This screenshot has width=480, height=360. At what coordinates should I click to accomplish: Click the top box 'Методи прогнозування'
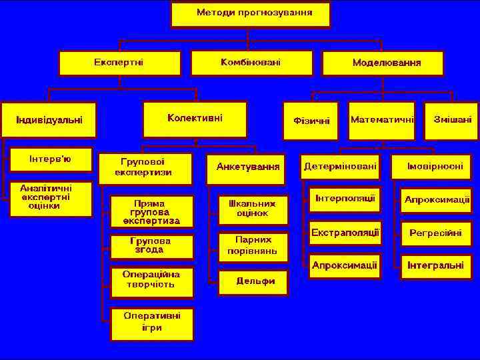[250, 14]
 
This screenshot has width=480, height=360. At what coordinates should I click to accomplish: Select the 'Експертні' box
[119, 63]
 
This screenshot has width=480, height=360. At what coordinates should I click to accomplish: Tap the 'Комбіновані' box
[250, 63]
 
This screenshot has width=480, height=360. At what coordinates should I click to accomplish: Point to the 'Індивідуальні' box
[49, 120]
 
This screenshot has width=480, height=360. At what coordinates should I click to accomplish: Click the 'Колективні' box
[195, 119]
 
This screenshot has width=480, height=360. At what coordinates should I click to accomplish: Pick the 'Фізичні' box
[311, 121]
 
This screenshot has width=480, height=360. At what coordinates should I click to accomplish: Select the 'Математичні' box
[381, 120]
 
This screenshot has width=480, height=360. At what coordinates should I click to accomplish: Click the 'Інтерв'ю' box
[51, 160]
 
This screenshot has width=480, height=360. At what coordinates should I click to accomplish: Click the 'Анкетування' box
[247, 166]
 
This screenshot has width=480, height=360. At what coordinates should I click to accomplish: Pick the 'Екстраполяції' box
[344, 233]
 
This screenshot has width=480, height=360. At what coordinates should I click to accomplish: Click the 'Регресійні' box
[435, 233]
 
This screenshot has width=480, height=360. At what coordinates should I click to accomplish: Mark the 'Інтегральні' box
[435, 265]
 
